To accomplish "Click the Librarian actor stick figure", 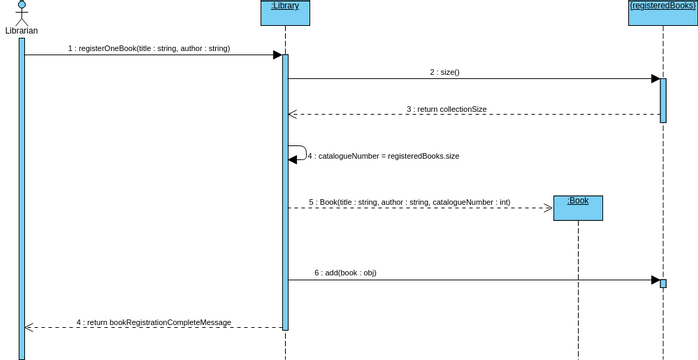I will pos(21,12).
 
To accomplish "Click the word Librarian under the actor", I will pos(21,31).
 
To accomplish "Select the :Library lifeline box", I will pos(285,12).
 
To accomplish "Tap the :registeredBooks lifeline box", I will pos(662,12).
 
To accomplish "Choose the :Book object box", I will pos(578,207).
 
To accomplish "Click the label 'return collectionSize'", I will pos(447,109).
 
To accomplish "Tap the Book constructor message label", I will pos(409,202).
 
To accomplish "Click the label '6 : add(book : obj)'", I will pos(345,272).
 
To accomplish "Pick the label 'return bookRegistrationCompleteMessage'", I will pos(154,322).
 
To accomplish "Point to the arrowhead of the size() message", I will pos(655,79).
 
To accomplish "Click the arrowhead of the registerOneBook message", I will pos(277,55).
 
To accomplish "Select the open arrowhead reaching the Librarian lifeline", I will pos(30,327).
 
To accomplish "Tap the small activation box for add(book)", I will pos(663,283).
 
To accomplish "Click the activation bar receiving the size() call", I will pos(663,100).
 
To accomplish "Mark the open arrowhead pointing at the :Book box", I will pos(548,208).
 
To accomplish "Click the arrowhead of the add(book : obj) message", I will pos(655,280).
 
